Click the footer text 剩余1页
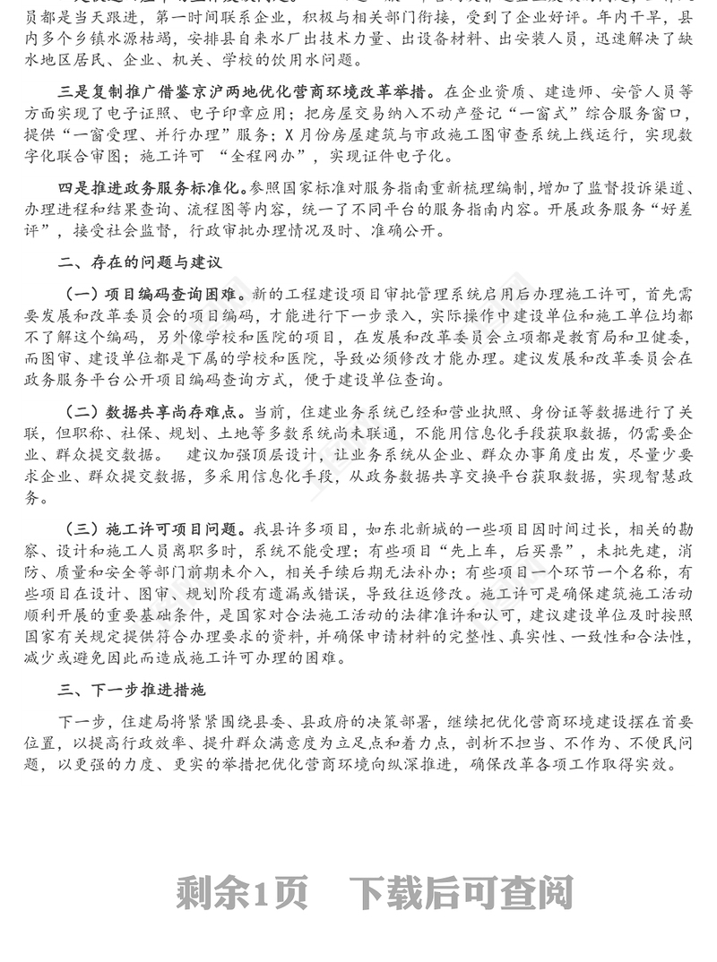tap(242, 892)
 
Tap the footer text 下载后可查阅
tap(461, 892)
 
